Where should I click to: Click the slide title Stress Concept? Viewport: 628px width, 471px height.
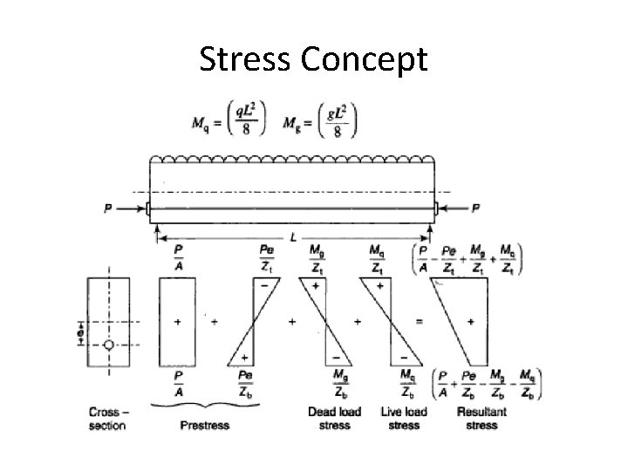coord(314,60)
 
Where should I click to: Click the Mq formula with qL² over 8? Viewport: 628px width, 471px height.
coord(229,122)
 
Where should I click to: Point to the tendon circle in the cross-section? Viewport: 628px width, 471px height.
coord(108,345)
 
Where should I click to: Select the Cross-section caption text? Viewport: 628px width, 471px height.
coord(107,418)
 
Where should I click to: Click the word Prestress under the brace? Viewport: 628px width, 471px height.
coord(204,425)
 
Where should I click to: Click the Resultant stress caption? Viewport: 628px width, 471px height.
coord(481,418)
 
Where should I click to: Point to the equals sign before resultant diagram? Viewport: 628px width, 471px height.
coord(420,322)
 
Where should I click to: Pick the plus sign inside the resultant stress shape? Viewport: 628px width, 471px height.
coord(471,322)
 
